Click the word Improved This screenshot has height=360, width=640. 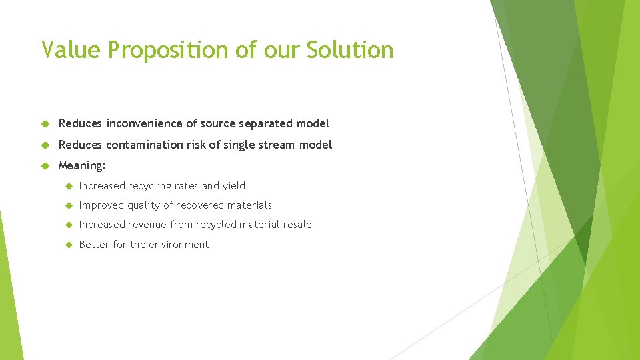coord(100,205)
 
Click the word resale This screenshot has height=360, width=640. coord(297,225)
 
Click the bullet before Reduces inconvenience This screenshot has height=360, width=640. coord(46,124)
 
